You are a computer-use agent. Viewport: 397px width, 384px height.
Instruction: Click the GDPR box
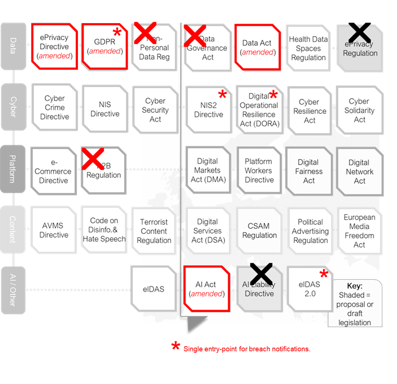[106, 47]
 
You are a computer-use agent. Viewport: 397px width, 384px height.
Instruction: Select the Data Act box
[258, 47]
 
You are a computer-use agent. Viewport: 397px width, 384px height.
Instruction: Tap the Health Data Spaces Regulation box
[308, 48]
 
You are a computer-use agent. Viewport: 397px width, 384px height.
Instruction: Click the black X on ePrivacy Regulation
[360, 35]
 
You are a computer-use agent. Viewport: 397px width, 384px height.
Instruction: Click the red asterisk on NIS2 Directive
[223, 95]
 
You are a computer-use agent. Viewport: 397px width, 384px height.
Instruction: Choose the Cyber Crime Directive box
[54, 107]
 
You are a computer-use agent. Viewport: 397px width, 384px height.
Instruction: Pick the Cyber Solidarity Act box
[360, 110]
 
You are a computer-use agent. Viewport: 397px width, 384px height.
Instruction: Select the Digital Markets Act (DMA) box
[207, 170]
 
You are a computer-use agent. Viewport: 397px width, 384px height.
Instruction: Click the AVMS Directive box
[54, 230]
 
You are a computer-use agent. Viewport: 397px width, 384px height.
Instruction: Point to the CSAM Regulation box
[259, 230]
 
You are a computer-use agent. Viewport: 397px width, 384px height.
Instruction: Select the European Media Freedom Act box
[360, 231]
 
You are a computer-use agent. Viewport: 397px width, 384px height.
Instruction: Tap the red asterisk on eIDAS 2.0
[324, 275]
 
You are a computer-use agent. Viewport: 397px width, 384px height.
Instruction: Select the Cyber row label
[13, 107]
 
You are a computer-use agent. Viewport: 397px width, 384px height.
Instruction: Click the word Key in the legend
[355, 286]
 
